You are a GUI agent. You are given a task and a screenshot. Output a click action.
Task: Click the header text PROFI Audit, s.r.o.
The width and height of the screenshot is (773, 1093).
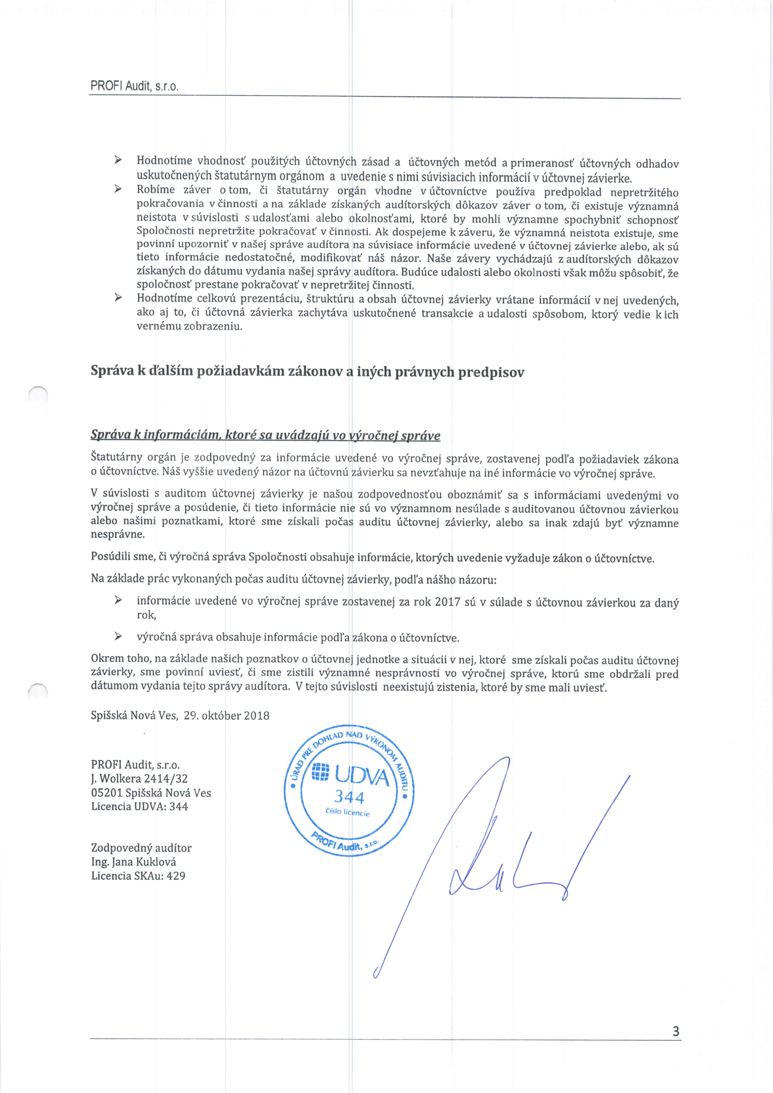tap(134, 87)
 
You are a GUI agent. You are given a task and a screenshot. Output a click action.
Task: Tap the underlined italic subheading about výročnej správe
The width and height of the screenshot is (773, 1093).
tap(265, 436)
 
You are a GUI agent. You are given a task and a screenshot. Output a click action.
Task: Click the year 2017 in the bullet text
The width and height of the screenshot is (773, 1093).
tap(447, 602)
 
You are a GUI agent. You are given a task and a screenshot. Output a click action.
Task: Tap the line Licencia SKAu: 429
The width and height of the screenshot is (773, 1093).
tap(138, 876)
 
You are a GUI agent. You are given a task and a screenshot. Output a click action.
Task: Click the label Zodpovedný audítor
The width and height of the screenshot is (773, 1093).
tap(141, 848)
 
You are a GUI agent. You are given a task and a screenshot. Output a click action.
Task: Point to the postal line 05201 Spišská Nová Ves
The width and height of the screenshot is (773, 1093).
tap(151, 793)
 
